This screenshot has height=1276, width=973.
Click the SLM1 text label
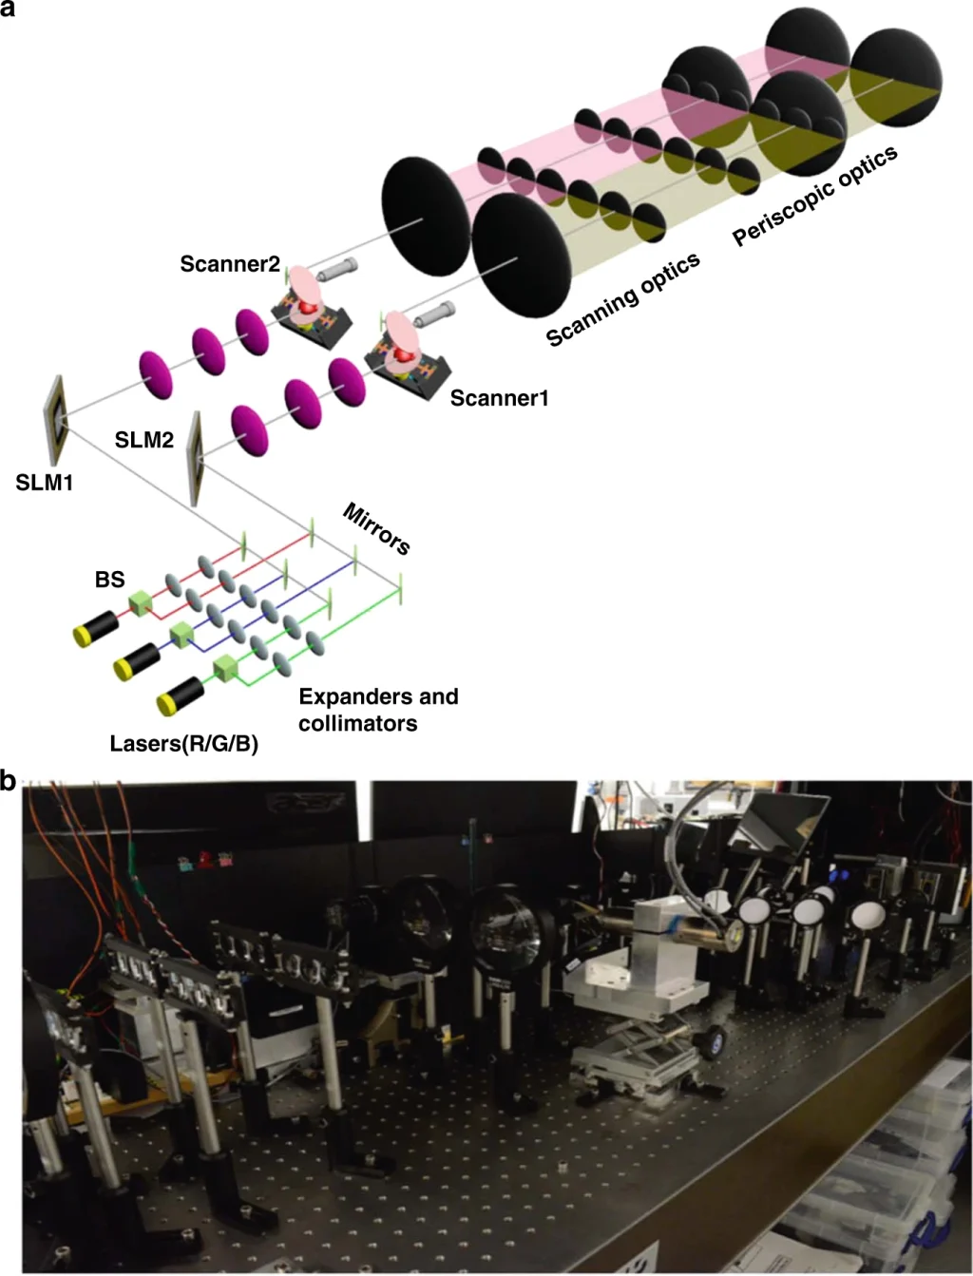(44, 483)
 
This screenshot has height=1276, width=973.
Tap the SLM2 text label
(144, 440)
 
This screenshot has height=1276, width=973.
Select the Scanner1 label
(499, 398)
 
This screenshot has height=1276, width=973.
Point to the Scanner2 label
(230, 264)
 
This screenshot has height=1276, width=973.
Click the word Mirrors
(376, 528)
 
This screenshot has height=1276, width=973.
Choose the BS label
(110, 579)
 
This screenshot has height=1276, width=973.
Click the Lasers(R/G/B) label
(184, 744)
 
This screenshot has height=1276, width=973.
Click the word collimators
(358, 723)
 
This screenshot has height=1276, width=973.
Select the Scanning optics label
(623, 299)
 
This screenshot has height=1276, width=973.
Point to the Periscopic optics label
(815, 196)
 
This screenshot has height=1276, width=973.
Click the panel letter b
(8, 781)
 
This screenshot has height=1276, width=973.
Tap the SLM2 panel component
(196, 459)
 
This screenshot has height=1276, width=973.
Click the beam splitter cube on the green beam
(225, 669)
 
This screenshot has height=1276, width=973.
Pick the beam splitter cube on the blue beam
(181, 635)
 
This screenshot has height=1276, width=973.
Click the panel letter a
(8, 9)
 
